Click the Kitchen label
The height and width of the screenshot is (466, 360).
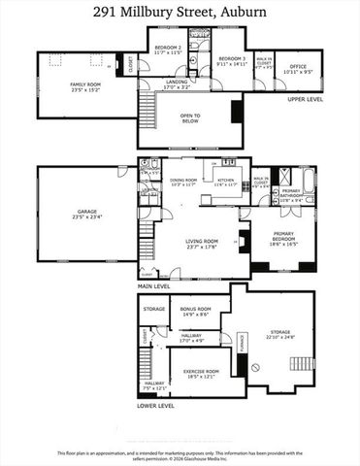coord(227,183)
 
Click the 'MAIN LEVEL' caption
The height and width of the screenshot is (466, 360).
coord(154,286)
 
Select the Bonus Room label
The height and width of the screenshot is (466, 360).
coord(195,313)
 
